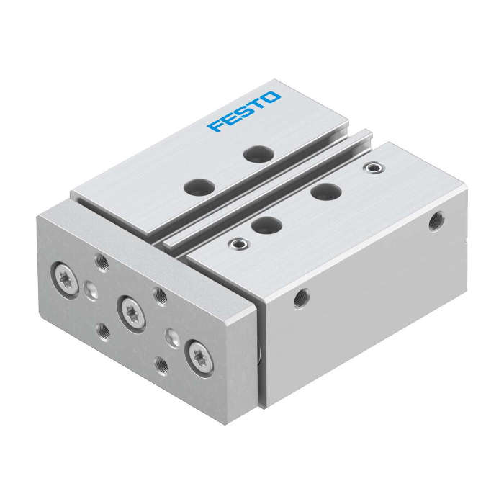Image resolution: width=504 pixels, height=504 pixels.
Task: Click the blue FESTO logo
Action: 244,112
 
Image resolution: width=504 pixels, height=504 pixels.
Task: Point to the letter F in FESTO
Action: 216,125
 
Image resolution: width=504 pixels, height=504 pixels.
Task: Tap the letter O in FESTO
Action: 271,97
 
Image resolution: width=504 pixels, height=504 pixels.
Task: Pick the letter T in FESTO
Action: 256,104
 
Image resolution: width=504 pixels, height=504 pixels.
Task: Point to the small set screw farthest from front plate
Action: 373,168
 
